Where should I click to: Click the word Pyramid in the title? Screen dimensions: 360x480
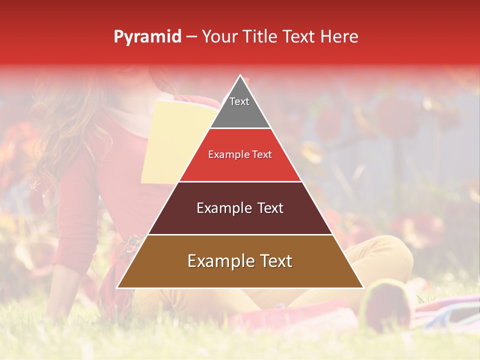tap(147, 37)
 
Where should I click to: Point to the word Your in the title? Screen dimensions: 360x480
tap(218, 36)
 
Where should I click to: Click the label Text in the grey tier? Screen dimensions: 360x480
tap(239, 101)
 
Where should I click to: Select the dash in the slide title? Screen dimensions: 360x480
tap(191, 37)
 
